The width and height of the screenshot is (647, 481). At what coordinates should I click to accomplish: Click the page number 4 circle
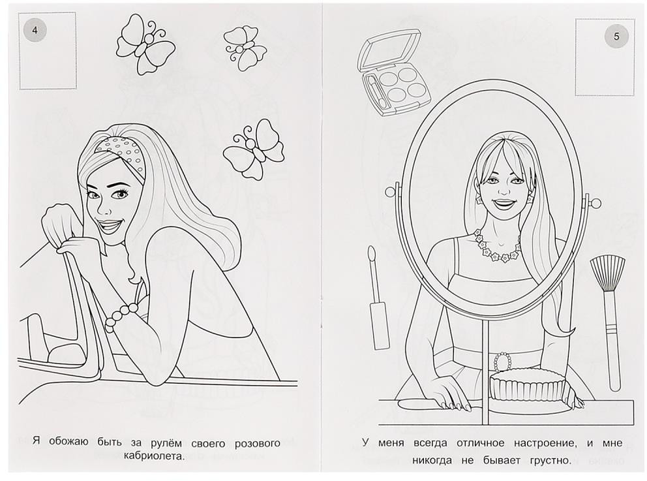[35, 31]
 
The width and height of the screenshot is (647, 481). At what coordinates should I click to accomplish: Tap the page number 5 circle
[616, 37]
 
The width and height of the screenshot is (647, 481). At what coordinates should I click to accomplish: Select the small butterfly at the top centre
[245, 49]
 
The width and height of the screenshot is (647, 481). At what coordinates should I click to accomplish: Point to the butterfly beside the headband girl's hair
[253, 151]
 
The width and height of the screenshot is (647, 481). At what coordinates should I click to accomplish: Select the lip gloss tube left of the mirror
[378, 297]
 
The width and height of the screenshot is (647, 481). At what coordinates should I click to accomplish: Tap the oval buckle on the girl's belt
[502, 362]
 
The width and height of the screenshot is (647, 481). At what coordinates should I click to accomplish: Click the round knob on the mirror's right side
[596, 203]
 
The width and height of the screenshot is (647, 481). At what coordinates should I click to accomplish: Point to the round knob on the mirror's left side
[390, 192]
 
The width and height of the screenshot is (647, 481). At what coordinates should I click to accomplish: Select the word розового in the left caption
[258, 444]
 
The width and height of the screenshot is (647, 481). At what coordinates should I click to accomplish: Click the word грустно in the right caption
[545, 460]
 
